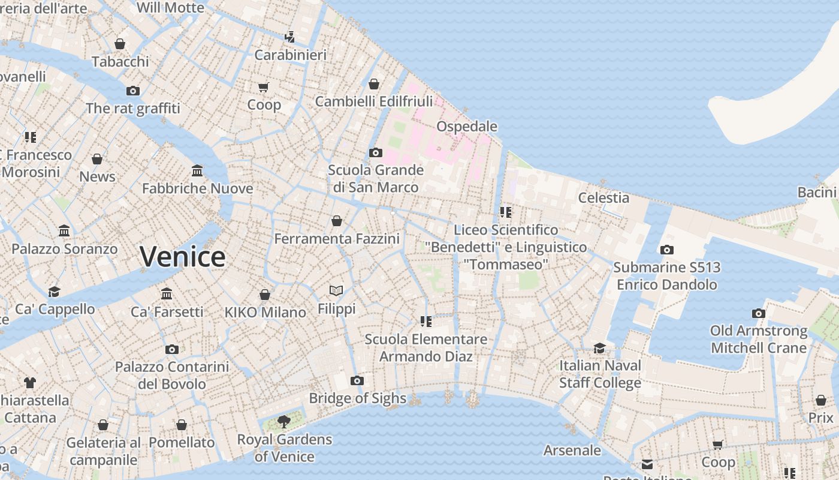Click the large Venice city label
click(183, 257)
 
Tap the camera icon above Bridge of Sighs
click(357, 381)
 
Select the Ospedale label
click(467, 127)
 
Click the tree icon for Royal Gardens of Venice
click(284, 422)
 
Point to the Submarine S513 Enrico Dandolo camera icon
click(666, 250)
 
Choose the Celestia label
click(603, 198)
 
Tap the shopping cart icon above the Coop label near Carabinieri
click(264, 88)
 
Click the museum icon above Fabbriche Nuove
click(197, 171)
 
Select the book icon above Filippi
click(336, 291)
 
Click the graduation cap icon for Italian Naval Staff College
click(599, 348)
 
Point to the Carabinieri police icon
click(290, 37)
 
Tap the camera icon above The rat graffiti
click(133, 91)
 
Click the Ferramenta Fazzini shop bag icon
click(337, 221)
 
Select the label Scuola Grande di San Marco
click(376, 179)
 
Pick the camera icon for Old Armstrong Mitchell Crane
click(759, 313)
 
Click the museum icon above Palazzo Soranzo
click(64, 231)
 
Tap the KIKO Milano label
click(265, 312)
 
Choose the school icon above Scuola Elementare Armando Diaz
click(426, 322)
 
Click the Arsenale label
click(572, 450)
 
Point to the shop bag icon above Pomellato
click(182, 425)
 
